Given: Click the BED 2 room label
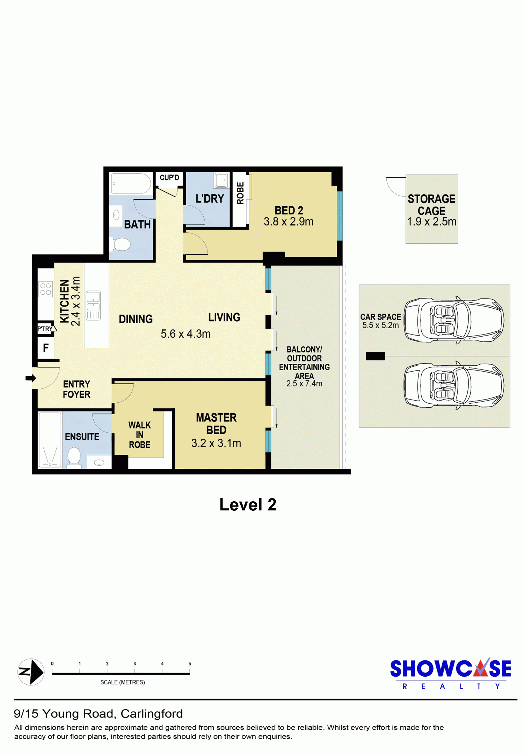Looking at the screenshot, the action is [289, 210].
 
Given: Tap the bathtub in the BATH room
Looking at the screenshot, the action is [131, 184].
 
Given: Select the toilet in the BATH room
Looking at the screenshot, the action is [120, 244].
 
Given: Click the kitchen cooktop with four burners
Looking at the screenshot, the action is [45, 289].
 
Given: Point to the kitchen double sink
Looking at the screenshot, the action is [93, 305].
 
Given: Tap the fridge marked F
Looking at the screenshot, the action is [46, 348].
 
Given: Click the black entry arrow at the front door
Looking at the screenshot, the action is [31, 378].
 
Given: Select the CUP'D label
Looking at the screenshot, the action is [169, 178].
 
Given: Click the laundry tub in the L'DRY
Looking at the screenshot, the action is [221, 181].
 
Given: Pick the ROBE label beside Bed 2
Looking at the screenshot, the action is [240, 193].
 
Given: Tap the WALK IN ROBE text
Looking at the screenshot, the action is [139, 435].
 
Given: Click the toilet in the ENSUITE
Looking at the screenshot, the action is [74, 456].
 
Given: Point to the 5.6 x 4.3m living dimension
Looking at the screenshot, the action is [185, 334].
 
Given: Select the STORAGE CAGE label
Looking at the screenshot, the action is [431, 205].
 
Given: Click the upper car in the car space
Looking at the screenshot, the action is [454, 320].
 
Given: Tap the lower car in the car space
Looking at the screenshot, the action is [454, 386].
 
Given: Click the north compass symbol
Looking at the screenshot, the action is [31, 672].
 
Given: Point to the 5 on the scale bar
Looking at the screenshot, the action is [190, 663].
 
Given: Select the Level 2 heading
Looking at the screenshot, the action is [248, 504].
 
